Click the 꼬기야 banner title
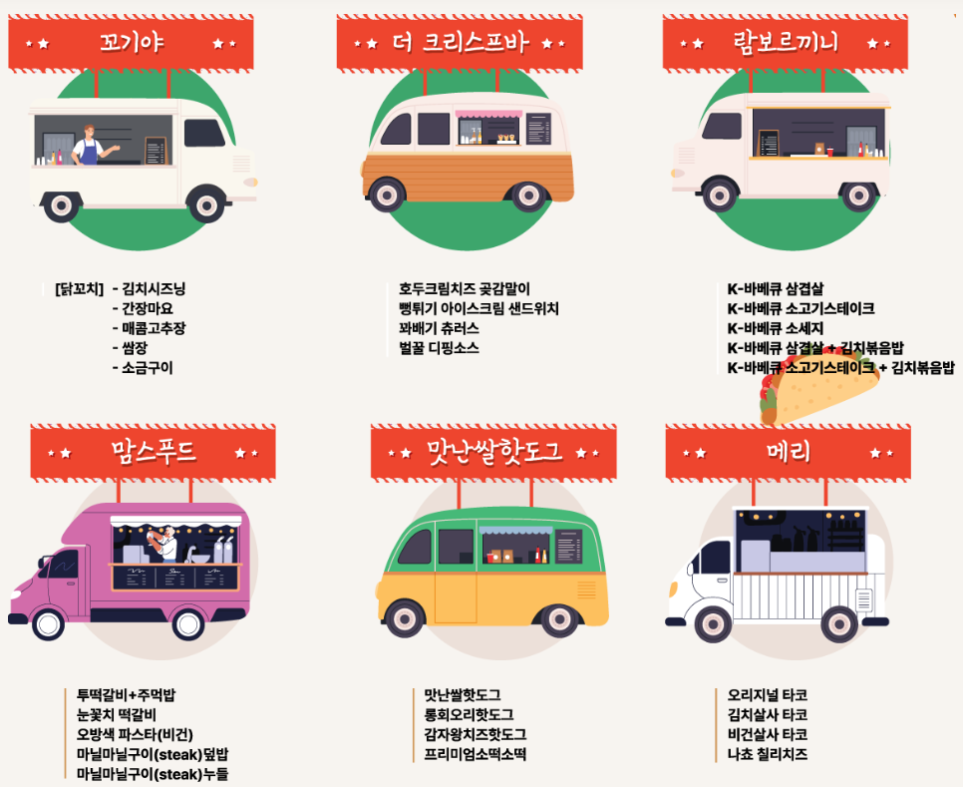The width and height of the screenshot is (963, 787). tap(132, 43)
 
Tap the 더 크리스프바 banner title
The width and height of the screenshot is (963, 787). tap(460, 43)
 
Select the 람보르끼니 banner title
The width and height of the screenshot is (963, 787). tap(787, 43)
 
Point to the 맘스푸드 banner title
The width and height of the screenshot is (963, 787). tap(154, 452)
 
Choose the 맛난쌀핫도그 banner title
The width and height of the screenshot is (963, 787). tap(494, 452)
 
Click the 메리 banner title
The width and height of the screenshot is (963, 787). tap(789, 452)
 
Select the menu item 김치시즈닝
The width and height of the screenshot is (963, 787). tap(154, 289)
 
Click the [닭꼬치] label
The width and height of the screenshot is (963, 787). tap(80, 289)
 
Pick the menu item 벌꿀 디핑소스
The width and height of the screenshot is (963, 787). tap(439, 348)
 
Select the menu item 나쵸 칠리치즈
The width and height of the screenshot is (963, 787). tap(767, 754)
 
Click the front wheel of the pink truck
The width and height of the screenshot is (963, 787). tap(48, 622)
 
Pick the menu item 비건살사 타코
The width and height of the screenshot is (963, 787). tap(767, 734)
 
